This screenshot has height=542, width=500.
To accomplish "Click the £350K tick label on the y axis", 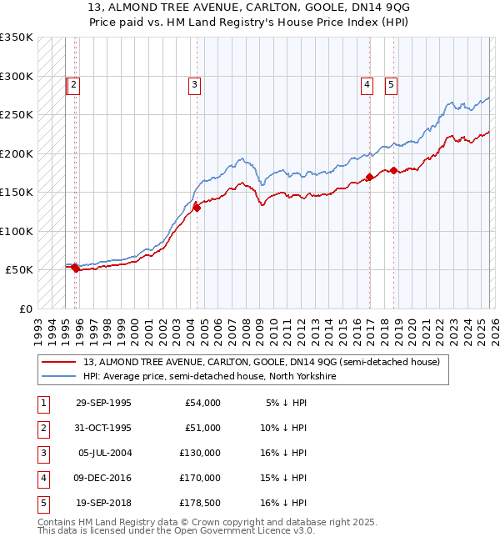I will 17,38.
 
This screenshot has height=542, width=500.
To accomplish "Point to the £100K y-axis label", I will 17,231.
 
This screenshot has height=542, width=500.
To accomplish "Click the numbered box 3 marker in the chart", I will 194,83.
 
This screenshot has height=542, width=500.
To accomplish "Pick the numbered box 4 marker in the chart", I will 367,83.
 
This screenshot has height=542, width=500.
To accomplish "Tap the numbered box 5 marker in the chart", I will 391,83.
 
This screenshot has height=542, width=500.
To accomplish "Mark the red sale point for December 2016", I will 369,177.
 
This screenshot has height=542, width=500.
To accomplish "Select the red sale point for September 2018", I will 393,171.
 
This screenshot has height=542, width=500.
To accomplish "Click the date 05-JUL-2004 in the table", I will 104,453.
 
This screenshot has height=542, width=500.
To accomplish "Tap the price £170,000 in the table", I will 202,478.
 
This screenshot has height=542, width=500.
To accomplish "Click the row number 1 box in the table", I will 42,403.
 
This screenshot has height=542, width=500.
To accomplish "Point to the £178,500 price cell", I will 202,503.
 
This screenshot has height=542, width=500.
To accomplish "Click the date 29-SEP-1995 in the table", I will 103,403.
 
